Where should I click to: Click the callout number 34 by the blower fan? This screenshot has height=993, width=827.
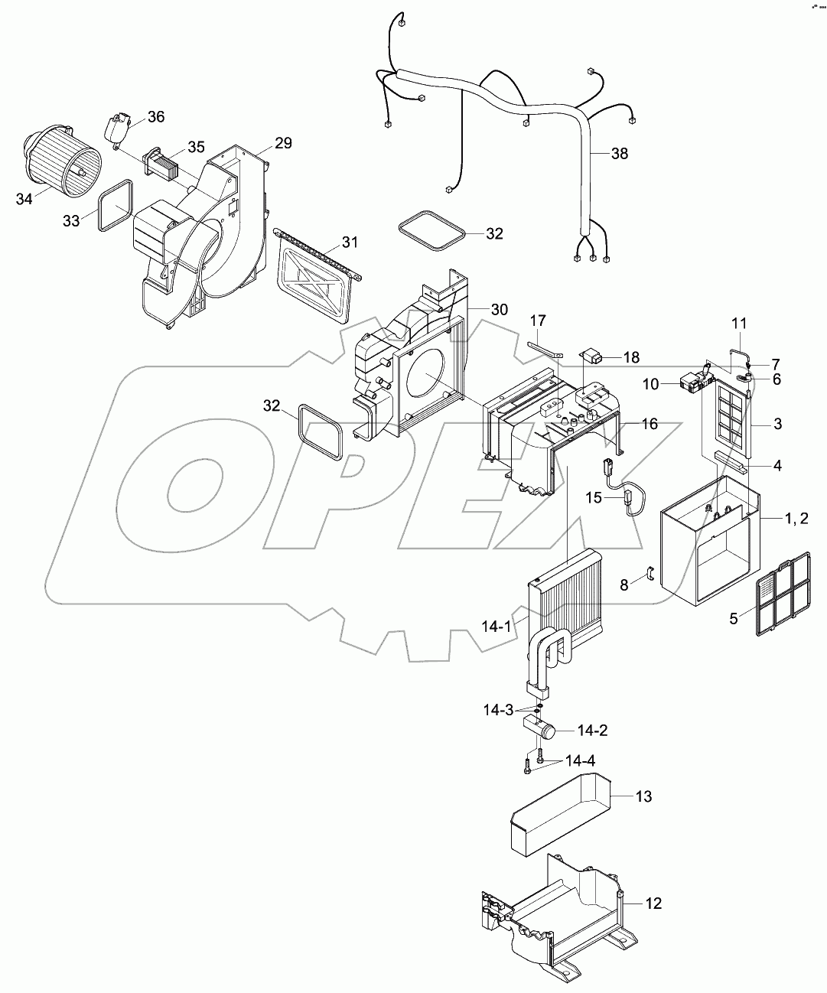(24, 200)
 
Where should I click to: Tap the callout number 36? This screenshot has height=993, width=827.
(156, 117)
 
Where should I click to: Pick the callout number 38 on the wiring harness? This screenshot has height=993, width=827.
(619, 154)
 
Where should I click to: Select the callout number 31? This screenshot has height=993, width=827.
(350, 243)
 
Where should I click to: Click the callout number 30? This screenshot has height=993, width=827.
(499, 309)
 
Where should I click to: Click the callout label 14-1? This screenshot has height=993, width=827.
(496, 627)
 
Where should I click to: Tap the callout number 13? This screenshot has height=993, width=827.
(643, 796)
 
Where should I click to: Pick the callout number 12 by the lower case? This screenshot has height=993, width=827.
(653, 903)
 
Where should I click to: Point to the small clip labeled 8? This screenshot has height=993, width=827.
(650, 575)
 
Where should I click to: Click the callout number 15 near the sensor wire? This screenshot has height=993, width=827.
(594, 497)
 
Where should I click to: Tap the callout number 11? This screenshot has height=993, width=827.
(739, 324)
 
